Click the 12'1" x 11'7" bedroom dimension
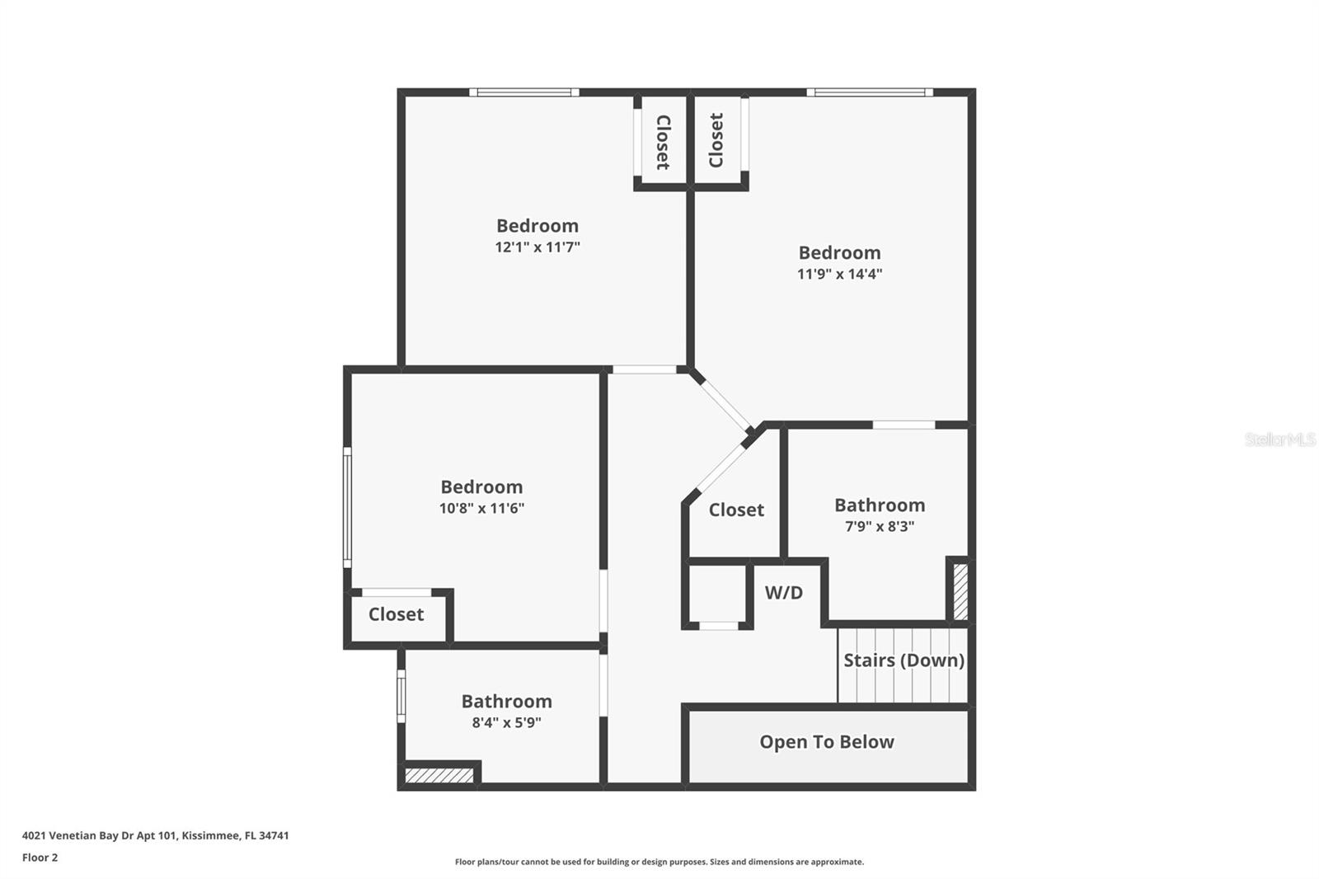coord(537,247)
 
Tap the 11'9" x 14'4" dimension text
coord(840,274)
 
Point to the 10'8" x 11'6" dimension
coord(481,508)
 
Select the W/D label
coord(784,593)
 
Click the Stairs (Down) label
coord(904,660)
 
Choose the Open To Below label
coord(827,742)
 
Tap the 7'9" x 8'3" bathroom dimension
coord(880,526)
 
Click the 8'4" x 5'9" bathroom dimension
coord(506,722)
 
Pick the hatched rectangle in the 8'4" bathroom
coord(439,775)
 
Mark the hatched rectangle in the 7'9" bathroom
coord(960,591)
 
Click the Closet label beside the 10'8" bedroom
coord(396,614)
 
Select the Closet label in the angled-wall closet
coord(736,510)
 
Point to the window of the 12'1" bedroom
coord(524,92)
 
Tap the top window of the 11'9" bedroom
coord(870,92)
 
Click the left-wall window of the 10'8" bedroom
coord(347,507)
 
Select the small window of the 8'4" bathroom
coord(401,696)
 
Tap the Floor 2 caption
coord(40,858)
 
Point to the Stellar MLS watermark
coord(1280,439)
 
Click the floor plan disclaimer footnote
coord(659,862)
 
